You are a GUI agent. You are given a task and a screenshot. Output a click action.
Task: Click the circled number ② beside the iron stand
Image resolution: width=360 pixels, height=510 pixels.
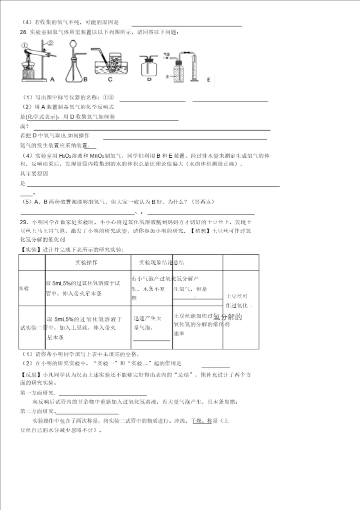[x=49, y=43]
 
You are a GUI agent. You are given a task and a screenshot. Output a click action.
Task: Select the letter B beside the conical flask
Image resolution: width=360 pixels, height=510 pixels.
[x=85, y=79]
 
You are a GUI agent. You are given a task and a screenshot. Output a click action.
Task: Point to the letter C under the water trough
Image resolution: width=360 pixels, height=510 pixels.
[x=109, y=79]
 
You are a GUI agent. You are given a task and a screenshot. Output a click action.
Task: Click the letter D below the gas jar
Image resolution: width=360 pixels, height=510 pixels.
[x=149, y=79]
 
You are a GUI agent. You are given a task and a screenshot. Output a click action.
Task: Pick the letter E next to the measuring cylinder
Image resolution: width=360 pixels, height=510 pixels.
[x=208, y=80]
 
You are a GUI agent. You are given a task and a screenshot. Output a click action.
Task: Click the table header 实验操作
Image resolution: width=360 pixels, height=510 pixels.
[x=86, y=262]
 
